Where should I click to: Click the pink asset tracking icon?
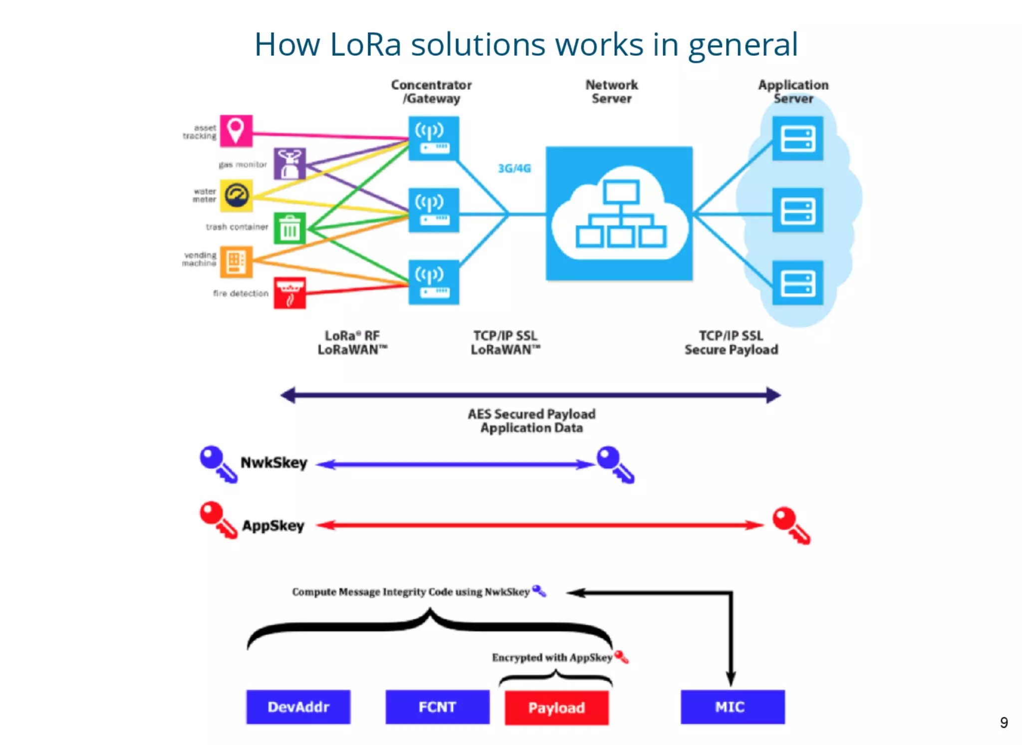coord(236,131)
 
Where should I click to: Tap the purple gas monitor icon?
coord(289,164)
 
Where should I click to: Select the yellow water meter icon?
coord(236,196)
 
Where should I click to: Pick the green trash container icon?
coord(289,228)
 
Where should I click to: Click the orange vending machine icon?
coord(236,261)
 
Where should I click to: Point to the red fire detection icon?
coord(289,293)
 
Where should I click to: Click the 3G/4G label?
coord(514,168)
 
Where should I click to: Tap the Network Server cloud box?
coord(619,214)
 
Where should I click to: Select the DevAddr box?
coord(298,707)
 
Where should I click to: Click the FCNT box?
coord(437,707)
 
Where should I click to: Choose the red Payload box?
coord(556,708)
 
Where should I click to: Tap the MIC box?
coord(732,707)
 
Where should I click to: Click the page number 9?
coord(1004,723)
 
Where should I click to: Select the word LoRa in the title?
coord(365,45)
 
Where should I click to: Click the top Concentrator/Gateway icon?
coord(433,138)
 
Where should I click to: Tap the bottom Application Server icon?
coord(797,282)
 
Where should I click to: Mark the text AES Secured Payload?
coord(531,414)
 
